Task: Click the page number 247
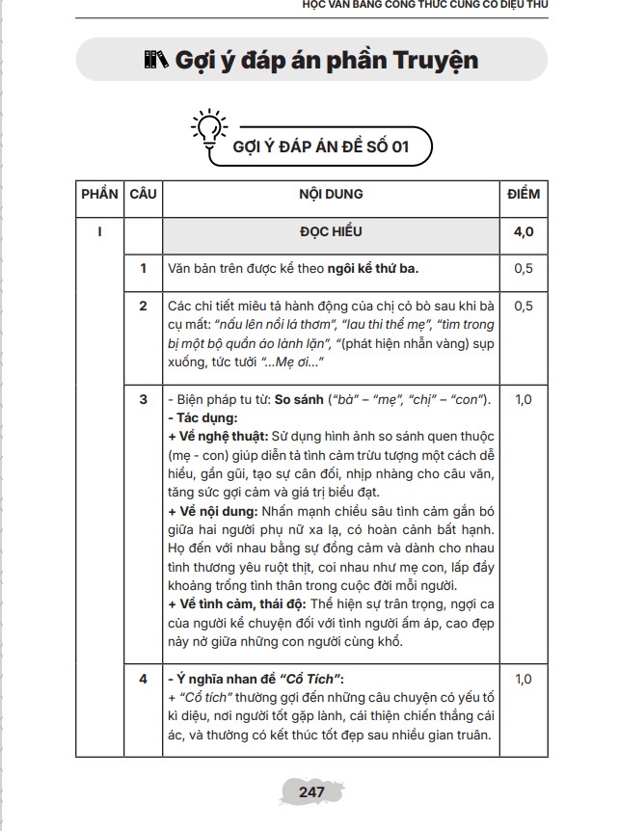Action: coord(310,791)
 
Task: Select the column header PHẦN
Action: coord(100,194)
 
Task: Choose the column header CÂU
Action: coord(143,194)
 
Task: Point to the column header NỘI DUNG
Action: coord(331,194)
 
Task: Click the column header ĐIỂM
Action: coord(524,194)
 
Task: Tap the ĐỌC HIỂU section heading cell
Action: coord(331,232)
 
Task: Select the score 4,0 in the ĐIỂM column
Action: coord(524,232)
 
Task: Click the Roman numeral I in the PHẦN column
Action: coord(100,232)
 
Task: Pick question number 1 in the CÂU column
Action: coord(143,268)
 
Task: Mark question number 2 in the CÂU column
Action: coord(143,307)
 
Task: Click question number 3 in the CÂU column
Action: coord(143,399)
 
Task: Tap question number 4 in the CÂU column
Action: coord(143,679)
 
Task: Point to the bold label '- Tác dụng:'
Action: coord(202,417)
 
